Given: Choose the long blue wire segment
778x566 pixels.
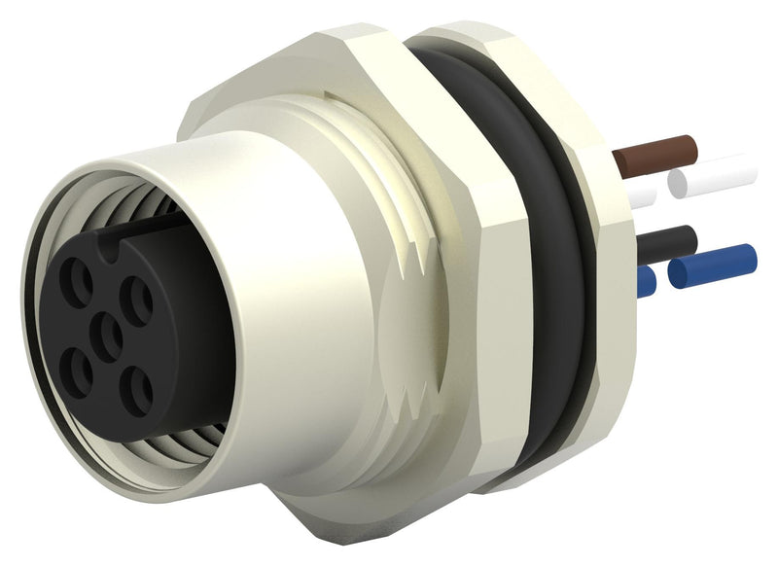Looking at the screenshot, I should (x=715, y=265).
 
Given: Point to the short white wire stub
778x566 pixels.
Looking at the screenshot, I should (x=641, y=195).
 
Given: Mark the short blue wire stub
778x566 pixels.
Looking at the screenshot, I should (x=644, y=281).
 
